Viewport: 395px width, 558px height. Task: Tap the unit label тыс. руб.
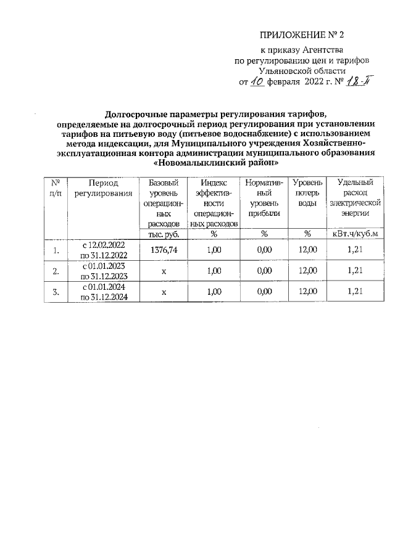164,234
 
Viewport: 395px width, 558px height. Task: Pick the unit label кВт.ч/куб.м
354,234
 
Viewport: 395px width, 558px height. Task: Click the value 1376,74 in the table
164,250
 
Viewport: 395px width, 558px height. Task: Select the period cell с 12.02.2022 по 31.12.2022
103,250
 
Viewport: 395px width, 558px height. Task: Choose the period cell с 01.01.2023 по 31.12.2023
103,271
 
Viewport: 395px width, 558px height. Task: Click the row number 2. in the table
56,271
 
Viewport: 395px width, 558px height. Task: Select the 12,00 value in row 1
307,250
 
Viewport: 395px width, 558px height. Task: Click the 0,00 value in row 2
264,271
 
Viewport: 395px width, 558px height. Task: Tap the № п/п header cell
56,188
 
